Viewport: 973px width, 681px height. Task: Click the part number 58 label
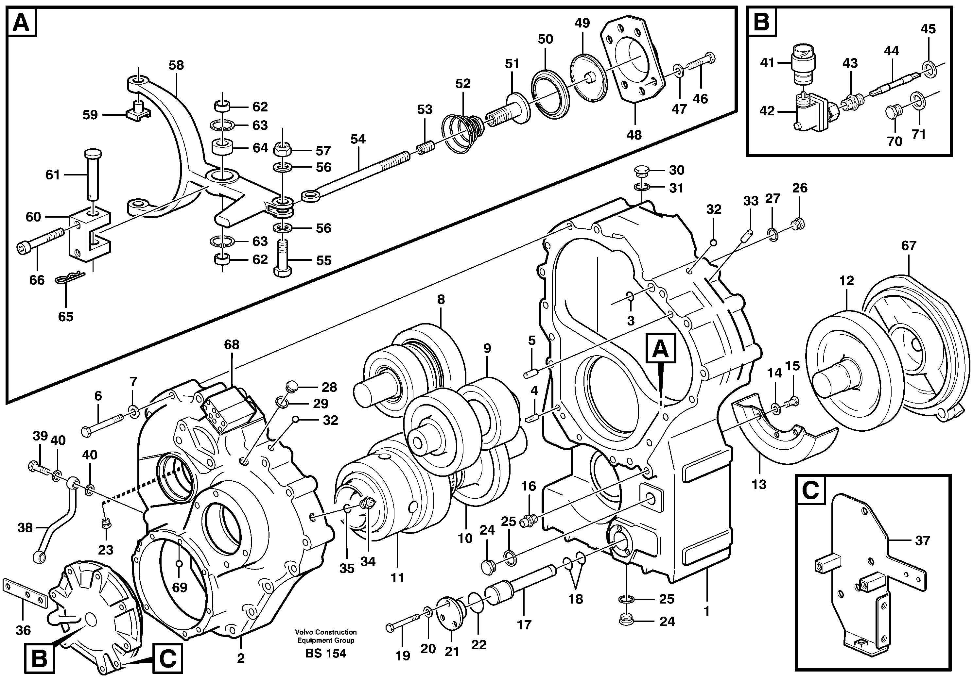pyautogui.click(x=176, y=65)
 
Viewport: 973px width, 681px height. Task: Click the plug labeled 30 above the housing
pyautogui.click(x=641, y=171)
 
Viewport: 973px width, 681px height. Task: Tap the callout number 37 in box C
pyautogui.click(x=922, y=540)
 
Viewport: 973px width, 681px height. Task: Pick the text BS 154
pyautogui.click(x=325, y=654)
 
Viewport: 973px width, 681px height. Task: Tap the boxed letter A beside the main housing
pyautogui.click(x=661, y=349)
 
